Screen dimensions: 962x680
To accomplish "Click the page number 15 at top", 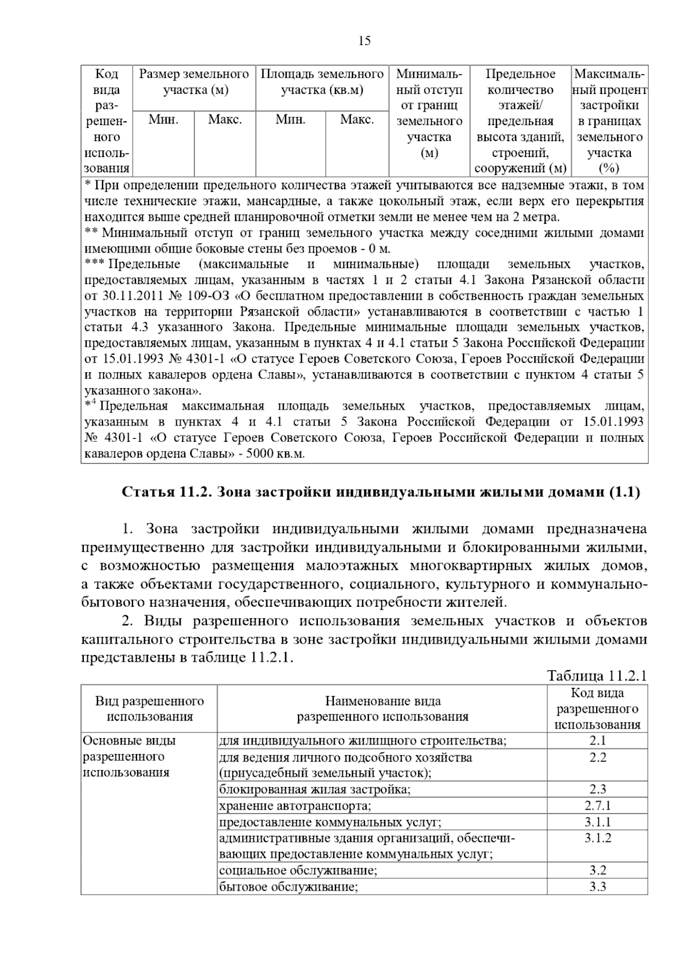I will [364, 41].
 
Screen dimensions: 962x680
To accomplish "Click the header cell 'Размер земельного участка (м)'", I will [194, 82].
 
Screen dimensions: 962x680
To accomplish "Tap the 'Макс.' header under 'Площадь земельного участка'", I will [356, 120].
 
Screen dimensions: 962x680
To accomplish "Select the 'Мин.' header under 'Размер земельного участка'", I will [163, 120].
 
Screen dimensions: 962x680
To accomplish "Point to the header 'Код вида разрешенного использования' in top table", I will [106, 121].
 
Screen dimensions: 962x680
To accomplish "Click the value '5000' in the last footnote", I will [258, 454].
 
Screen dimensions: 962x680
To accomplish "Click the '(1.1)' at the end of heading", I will [624, 492].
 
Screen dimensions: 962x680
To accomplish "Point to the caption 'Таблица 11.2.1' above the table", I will [597, 676].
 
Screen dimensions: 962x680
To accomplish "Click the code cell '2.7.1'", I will [597, 806].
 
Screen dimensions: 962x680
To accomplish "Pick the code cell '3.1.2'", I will [597, 838].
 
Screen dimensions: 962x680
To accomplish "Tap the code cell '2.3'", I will [597, 789].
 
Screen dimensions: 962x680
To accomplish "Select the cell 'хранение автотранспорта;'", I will [295, 806].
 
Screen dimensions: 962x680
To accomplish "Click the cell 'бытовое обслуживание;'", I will [288, 887].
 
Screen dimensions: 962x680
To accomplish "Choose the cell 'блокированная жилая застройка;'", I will [315, 789].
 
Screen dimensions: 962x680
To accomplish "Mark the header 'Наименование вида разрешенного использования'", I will [382, 709].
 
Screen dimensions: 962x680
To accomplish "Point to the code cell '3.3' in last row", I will [597, 887].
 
